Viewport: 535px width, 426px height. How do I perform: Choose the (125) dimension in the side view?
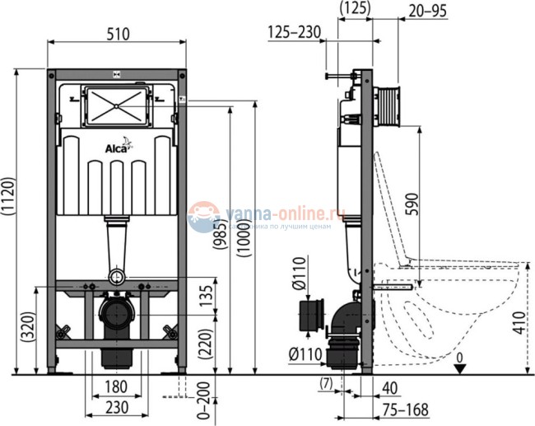[356, 8]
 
